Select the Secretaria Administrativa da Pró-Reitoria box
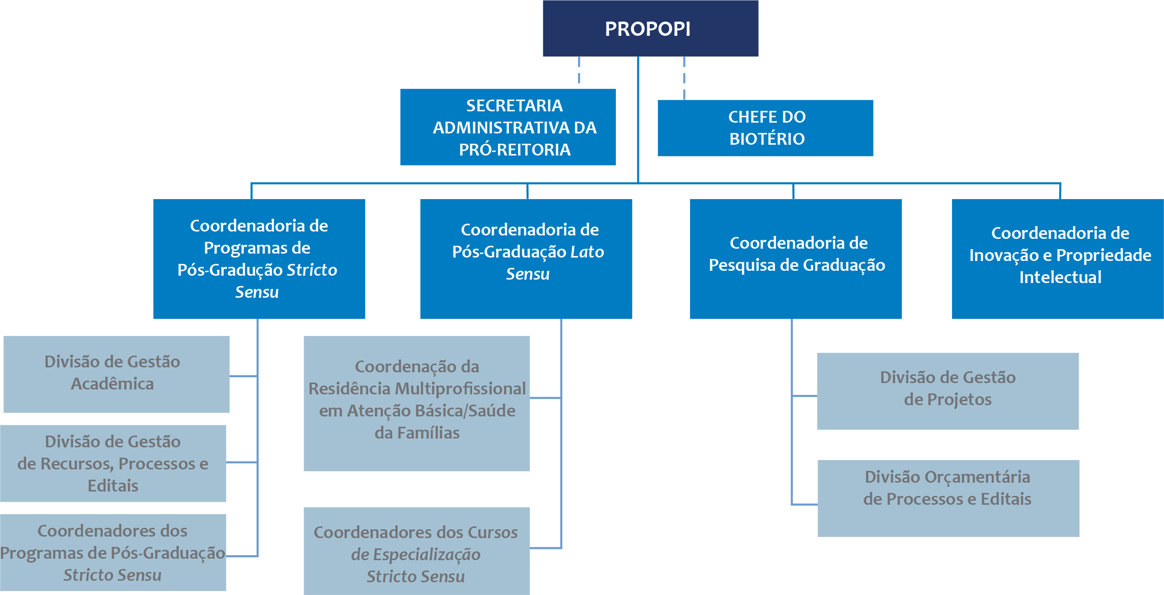507,127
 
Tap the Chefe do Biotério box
765,128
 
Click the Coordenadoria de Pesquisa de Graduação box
795,259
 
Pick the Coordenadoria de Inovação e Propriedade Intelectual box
1058,259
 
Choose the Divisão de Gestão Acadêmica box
116,374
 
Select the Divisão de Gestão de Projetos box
948,391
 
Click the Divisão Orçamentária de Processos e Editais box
948,498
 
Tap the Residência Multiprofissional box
417,403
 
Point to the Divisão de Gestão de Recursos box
113,463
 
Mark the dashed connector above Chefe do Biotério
684,78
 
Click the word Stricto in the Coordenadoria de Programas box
312,270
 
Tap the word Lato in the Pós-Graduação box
587,252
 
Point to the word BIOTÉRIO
767,139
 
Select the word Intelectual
1060,277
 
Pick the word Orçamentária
972,477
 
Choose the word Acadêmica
112,384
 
